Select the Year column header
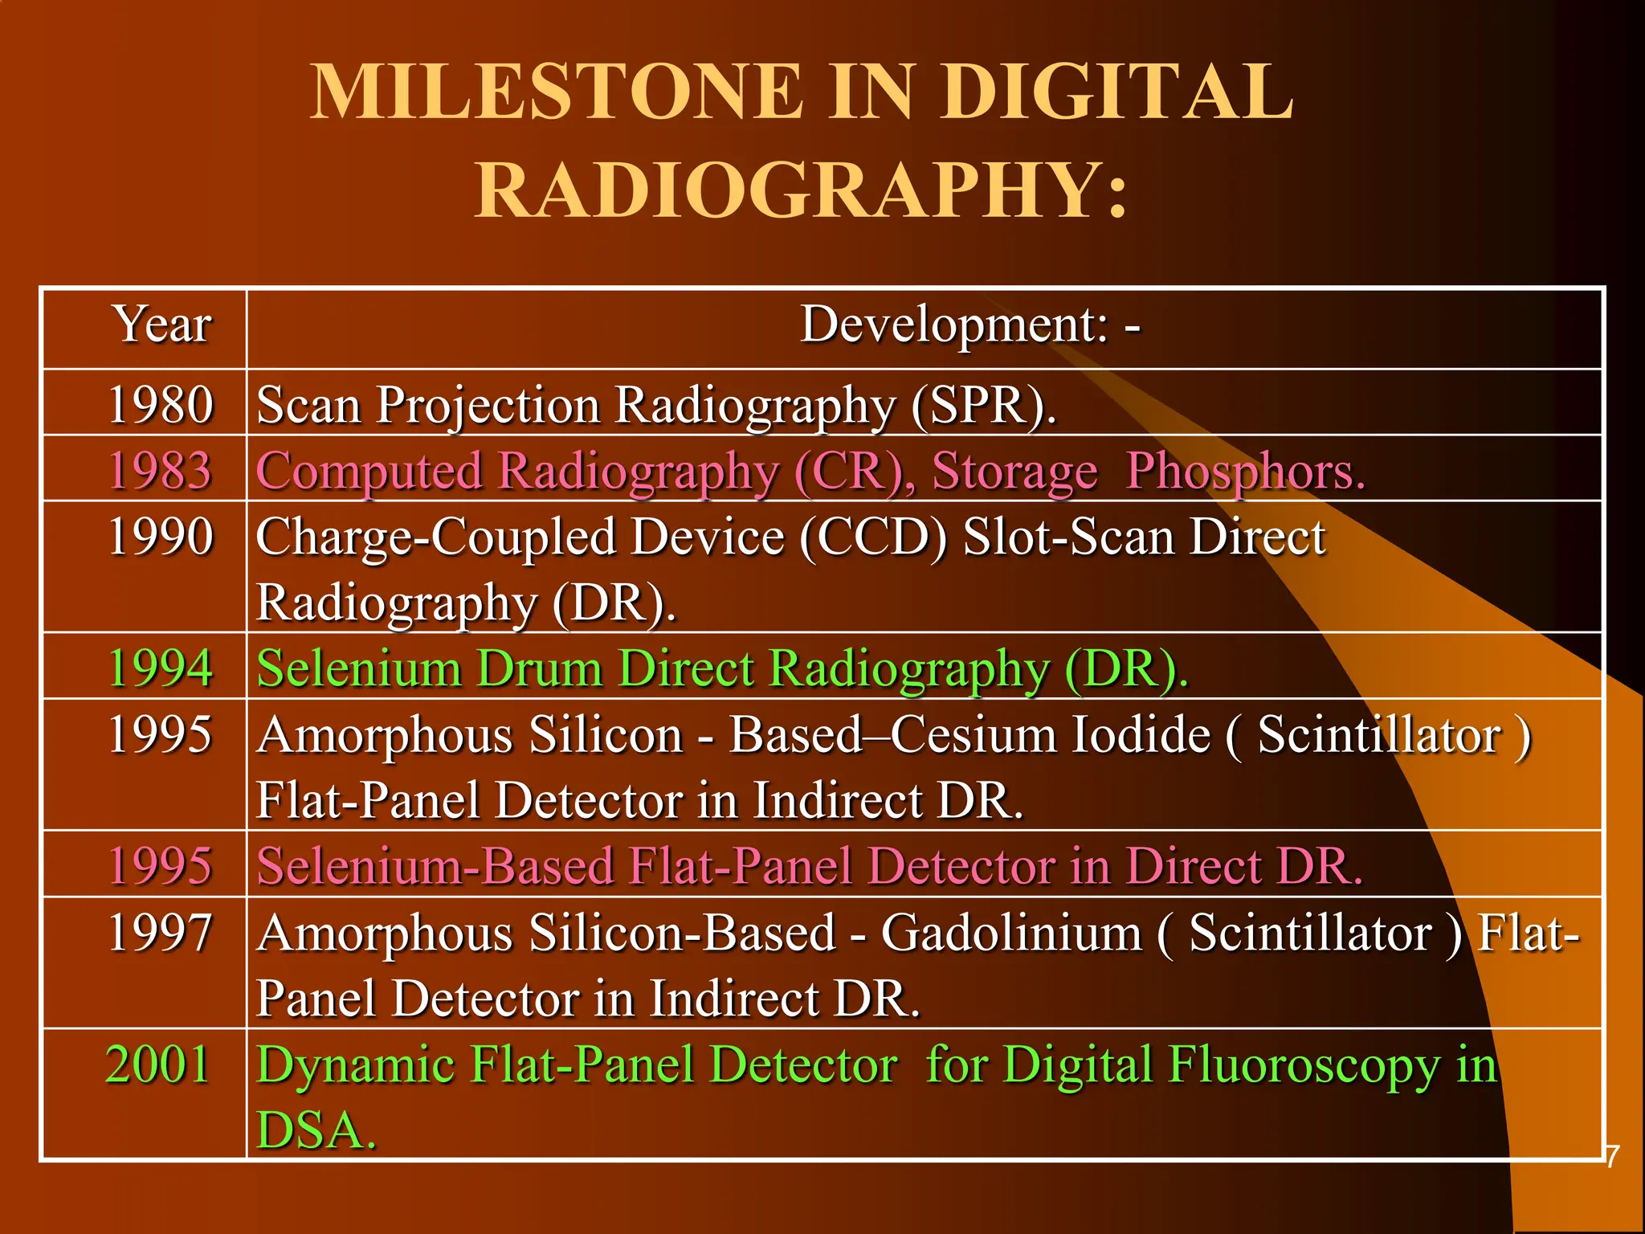pyautogui.click(x=163, y=325)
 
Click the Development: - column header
pyautogui.click(x=970, y=325)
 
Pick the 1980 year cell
pyautogui.click(x=161, y=404)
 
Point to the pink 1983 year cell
pyautogui.click(x=161, y=471)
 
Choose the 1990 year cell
pyautogui.click(x=161, y=537)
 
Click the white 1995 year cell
pyautogui.click(x=161, y=734)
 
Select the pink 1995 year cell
pyautogui.click(x=161, y=866)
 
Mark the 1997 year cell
pyautogui.click(x=161, y=933)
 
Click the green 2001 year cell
pyautogui.click(x=158, y=1064)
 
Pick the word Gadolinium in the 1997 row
pyautogui.click(x=1011, y=933)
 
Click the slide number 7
pyautogui.click(x=1613, y=1157)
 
